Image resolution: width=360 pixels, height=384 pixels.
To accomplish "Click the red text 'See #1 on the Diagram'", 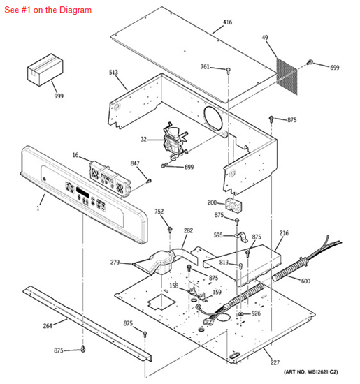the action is coord(48,10).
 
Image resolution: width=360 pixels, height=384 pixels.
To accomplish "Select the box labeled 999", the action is coord(45,70).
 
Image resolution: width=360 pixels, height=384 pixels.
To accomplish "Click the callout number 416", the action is coord(227,22).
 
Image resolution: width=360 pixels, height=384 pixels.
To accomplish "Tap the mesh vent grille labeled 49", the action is coord(287,76).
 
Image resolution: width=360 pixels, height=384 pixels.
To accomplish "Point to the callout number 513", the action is coord(113,73).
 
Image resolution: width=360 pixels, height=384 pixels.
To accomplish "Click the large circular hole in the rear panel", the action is coord(213,117).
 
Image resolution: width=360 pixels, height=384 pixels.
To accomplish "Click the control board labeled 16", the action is coord(110,179).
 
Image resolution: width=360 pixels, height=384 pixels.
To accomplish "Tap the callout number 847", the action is coord(135,163).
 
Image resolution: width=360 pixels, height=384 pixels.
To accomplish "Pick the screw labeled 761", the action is coord(229,71).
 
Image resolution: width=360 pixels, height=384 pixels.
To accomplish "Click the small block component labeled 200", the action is coord(233,205).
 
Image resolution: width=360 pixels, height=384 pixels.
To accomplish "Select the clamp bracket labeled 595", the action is coord(240,237).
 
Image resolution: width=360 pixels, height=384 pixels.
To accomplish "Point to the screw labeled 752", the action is coord(170,230).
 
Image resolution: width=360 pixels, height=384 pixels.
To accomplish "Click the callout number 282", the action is coord(188,230).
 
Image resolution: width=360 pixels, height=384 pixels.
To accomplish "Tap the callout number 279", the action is coord(115,263).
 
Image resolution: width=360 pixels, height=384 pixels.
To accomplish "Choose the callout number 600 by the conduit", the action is coord(305,281).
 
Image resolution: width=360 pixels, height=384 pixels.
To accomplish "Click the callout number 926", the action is coord(256,313).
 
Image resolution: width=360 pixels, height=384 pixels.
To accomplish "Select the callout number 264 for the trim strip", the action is coord(48,326).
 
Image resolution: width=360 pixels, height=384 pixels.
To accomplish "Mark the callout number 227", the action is coord(275,362).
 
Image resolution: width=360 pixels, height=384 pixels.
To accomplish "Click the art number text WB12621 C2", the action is coord(322,372).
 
